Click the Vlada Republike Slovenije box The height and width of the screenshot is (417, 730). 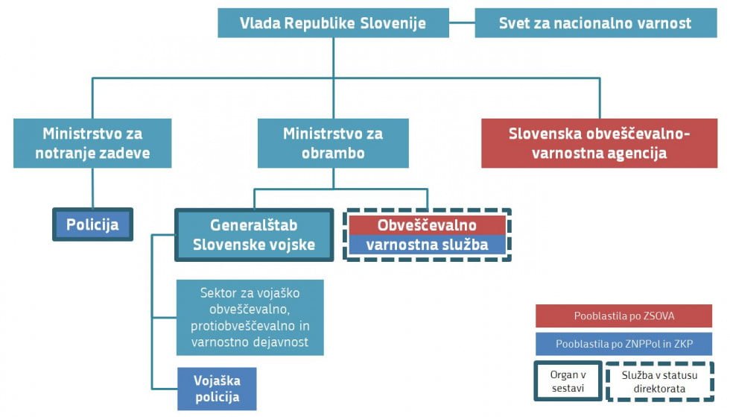[x=334, y=23]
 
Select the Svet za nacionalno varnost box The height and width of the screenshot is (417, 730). [x=595, y=23]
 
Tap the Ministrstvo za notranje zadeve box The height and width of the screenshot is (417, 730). [x=92, y=143]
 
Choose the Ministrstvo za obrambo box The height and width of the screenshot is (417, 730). [x=334, y=143]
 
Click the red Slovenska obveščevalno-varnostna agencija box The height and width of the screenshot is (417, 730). [x=599, y=143]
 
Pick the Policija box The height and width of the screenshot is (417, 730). [x=92, y=225]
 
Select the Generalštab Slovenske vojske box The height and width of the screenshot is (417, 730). [x=254, y=235]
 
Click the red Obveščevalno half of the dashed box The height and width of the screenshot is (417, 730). [x=427, y=225]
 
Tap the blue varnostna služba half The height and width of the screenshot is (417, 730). [x=427, y=245]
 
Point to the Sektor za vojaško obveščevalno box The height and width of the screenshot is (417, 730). [x=250, y=318]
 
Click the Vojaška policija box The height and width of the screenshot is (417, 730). [x=217, y=389]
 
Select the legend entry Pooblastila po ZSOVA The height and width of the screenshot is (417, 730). [x=624, y=316]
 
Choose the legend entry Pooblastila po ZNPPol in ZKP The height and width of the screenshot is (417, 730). [x=624, y=344]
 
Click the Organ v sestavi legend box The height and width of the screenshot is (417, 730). [x=568, y=381]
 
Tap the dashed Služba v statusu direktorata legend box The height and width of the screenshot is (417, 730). [x=660, y=381]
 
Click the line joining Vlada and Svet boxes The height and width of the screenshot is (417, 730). [x=462, y=22]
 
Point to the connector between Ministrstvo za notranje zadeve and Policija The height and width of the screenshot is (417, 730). [x=92, y=188]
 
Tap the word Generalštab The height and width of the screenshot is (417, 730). [x=254, y=225]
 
